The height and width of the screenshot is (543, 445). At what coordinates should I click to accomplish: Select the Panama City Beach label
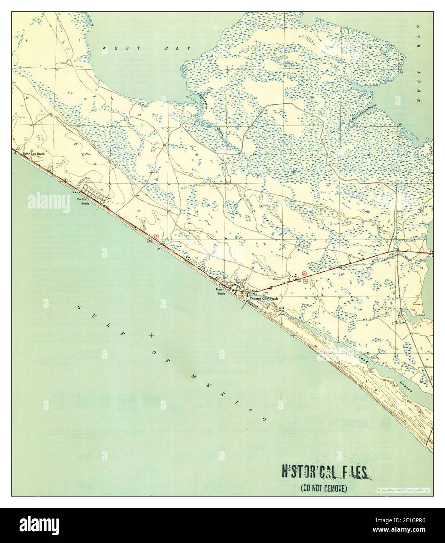(264, 298)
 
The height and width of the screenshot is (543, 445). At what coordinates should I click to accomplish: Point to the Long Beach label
(221, 291)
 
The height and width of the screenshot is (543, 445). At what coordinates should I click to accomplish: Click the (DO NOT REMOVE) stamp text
(323, 488)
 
